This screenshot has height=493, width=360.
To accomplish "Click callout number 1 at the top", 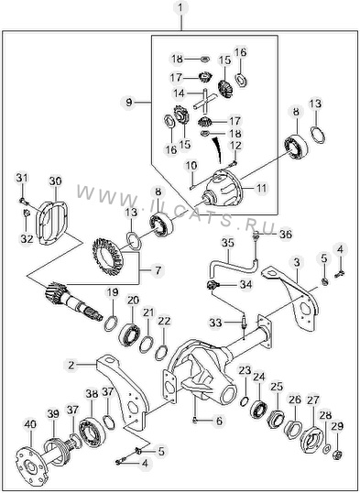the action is [x=180, y=8].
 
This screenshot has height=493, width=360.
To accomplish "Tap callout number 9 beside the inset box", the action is [x=128, y=103].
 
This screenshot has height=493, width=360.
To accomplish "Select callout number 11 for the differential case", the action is [x=262, y=189].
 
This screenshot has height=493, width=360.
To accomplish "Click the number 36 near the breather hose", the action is [x=286, y=235].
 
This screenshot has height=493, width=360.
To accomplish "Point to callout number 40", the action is [x=30, y=424].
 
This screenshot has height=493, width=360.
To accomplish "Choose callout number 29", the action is [x=337, y=426].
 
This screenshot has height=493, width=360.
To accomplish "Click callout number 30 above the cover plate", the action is [x=55, y=181].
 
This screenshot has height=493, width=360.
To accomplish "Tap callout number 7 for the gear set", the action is [x=158, y=270].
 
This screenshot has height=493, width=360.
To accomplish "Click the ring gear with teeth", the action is [x=108, y=256].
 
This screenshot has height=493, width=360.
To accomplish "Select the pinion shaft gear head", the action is [x=56, y=293].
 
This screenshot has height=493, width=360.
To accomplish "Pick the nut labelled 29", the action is [x=338, y=454].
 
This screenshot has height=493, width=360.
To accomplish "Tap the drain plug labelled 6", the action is [x=195, y=420].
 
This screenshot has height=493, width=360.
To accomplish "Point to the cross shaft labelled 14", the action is [x=205, y=101].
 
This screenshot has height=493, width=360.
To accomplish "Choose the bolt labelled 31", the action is [x=23, y=201].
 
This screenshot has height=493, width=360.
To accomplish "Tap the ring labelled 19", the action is [x=111, y=323].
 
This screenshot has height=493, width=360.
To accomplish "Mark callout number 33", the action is [x=215, y=323].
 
